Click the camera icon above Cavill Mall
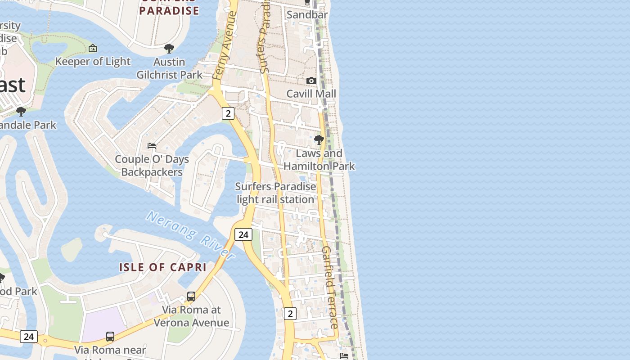click(311, 81)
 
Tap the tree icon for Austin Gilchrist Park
click(169, 48)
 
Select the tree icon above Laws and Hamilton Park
click(319, 140)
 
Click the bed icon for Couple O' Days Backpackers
click(152, 145)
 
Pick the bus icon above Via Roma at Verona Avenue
click(191, 297)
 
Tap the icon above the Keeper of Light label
click(93, 48)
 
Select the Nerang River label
click(190, 235)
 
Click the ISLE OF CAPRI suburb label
click(162, 267)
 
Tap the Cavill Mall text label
click(311, 94)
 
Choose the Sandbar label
click(307, 14)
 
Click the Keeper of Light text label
click(93, 61)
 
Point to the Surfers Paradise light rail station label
click(275, 193)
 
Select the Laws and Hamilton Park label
click(319, 160)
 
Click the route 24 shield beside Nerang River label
click(243, 234)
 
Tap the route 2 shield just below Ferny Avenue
click(228, 113)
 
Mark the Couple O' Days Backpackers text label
click(152, 165)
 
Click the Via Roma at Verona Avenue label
click(191, 316)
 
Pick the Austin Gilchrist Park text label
click(169, 68)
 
